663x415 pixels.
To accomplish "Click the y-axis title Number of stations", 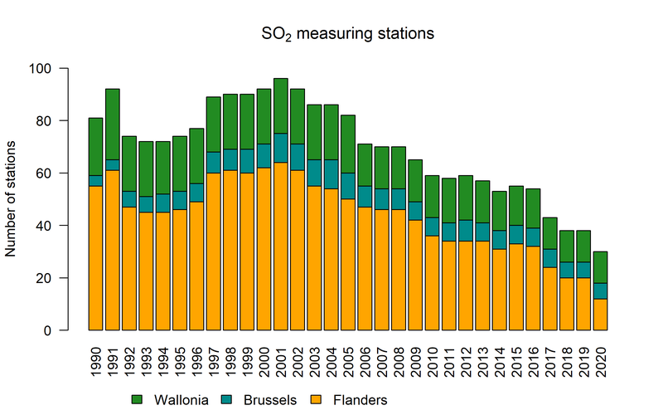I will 12,199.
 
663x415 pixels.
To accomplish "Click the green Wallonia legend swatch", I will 138,400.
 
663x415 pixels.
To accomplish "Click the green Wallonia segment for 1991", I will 113,124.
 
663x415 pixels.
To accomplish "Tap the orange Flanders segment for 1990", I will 96,258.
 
